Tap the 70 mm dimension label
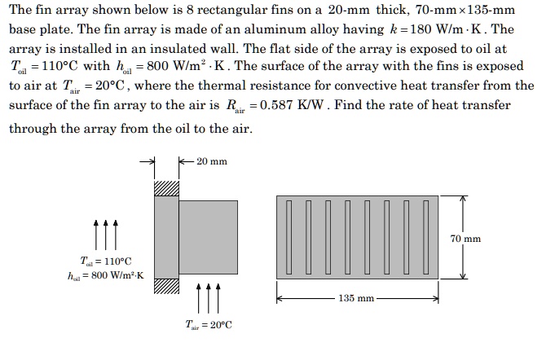(465, 239)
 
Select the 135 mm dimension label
(357, 298)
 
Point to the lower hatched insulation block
(165, 287)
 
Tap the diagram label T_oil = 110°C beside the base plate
(106, 260)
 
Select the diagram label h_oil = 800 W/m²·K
(106, 274)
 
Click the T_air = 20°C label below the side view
(208, 325)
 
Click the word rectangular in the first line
(245, 10)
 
